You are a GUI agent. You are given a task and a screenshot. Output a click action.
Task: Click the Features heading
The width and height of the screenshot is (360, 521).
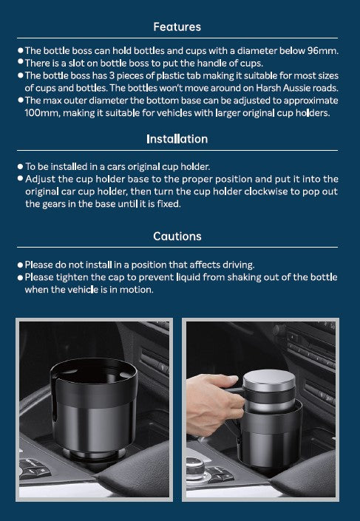coord(177,27)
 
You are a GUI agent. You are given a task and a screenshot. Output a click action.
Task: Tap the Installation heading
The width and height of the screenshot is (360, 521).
coord(177,139)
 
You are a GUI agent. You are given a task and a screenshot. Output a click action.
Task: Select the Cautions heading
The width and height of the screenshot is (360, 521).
coord(177,236)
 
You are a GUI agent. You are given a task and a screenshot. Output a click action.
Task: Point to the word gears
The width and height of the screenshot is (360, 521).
coord(54,204)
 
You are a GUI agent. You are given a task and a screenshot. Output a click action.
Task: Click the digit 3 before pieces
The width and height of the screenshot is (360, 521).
coord(112,76)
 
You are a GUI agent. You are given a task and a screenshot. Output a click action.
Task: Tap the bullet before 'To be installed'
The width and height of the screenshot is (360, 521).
coord(20,166)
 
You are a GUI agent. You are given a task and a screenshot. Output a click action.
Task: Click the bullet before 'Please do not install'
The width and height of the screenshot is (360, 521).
coord(20,265)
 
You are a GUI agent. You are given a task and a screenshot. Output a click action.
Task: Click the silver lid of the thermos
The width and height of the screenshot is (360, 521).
coord(269,380)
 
